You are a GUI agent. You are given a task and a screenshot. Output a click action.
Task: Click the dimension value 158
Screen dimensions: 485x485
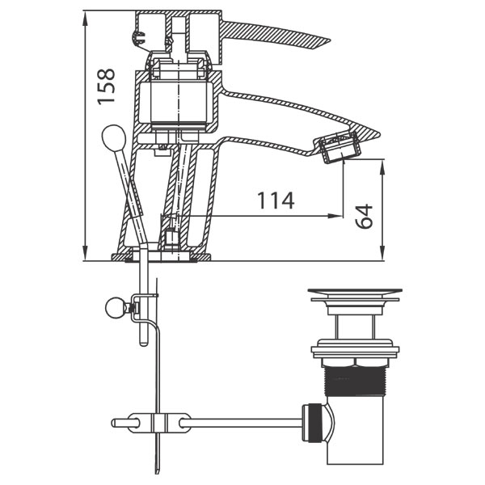click(106, 86)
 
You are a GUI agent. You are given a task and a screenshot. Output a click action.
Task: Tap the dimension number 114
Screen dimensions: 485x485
click(276, 200)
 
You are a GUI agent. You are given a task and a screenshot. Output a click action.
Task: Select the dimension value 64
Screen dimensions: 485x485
click(364, 216)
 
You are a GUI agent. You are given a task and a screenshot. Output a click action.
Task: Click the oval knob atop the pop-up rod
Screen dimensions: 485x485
click(114, 137)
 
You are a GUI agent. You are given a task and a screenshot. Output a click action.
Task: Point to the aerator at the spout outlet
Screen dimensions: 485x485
click(339, 147)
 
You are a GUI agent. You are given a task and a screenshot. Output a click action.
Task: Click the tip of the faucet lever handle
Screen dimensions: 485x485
click(330, 41)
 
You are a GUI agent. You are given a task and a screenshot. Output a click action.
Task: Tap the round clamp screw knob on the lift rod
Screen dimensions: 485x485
click(115, 307)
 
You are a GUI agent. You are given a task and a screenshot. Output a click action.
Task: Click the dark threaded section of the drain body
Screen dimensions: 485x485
click(356, 381)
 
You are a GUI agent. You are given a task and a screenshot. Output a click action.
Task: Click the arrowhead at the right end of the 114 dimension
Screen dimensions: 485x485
click(336, 216)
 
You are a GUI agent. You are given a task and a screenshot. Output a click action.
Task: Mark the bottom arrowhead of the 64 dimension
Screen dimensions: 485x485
click(382, 253)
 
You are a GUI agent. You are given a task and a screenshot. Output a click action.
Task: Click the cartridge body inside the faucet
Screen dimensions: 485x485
click(179, 102)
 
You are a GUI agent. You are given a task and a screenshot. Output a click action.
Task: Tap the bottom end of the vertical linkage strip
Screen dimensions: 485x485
click(158, 472)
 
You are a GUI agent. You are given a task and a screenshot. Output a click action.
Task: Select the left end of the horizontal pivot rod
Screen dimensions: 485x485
click(112, 423)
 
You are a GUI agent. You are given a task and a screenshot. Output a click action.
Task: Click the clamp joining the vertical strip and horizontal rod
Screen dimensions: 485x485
click(158, 423)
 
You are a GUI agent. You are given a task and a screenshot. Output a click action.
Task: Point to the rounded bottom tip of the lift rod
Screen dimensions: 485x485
click(144, 344)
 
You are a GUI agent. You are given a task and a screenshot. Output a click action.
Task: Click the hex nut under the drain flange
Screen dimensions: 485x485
click(355, 362)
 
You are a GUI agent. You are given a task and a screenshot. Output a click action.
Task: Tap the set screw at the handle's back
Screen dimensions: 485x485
click(139, 38)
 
